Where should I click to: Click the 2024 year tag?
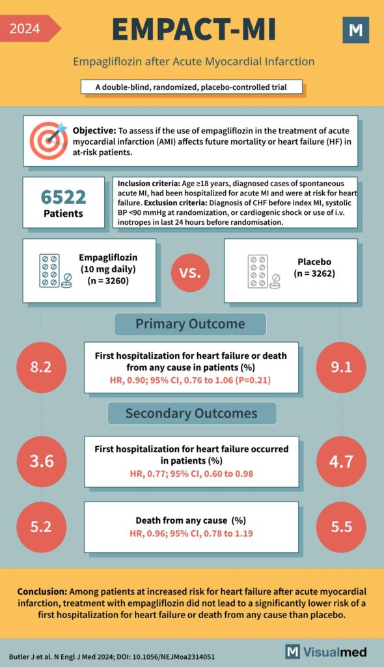26,29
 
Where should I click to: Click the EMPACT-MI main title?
193,29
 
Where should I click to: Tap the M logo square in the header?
355,30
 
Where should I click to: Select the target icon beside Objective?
49,140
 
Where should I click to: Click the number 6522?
63,195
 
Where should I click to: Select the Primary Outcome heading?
190,324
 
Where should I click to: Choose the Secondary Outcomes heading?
191,413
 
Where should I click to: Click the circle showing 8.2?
40,367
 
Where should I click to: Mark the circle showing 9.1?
340,367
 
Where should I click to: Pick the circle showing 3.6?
40,462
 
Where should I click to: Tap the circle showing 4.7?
340,462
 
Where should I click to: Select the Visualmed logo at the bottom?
326,651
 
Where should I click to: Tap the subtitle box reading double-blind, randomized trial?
192,87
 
